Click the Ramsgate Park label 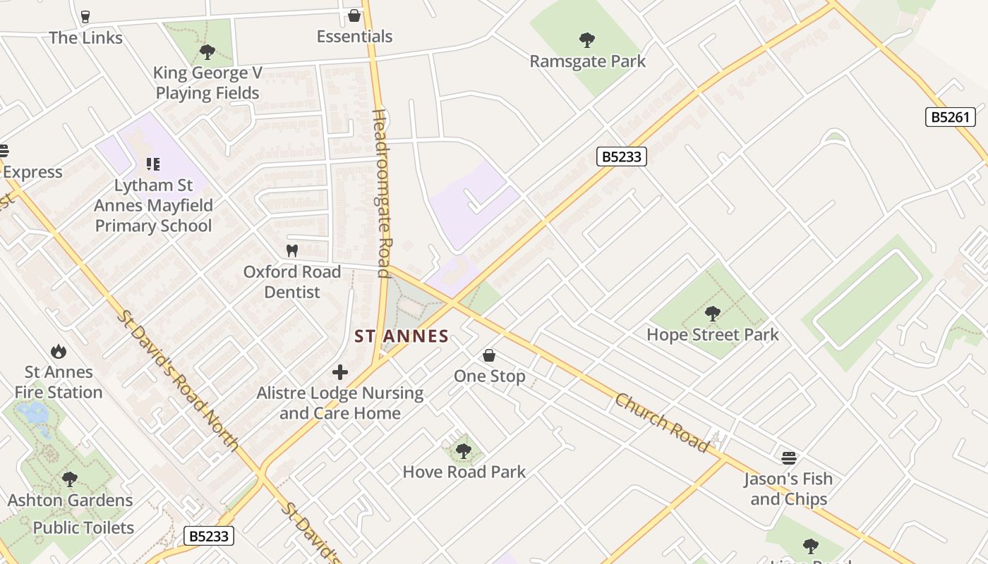587,61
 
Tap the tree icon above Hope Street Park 712,314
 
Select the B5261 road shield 950,117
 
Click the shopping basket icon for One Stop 488,356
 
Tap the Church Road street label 661,423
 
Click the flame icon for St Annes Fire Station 59,351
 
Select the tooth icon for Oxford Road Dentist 291,251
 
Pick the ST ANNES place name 402,336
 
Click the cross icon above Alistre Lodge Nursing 340,372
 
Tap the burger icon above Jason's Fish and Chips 788,458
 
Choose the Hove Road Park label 464,472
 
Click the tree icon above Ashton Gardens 69,479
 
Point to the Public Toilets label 83,527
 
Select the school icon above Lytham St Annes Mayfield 152,164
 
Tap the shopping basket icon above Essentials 354,16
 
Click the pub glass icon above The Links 85,17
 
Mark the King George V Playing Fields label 207,82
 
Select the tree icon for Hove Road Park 463,450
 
